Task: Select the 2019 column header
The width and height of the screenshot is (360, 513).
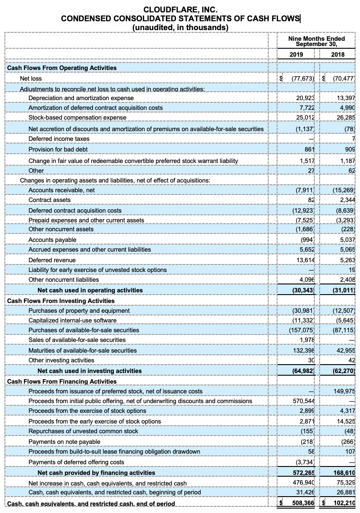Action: (x=296, y=54)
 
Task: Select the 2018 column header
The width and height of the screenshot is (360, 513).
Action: (x=338, y=54)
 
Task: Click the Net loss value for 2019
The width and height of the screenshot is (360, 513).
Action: (x=303, y=78)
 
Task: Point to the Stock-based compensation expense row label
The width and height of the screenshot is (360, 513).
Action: (x=77, y=117)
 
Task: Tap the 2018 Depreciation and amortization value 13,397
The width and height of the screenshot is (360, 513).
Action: (x=346, y=98)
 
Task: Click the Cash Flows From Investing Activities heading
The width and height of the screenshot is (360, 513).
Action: (x=55, y=301)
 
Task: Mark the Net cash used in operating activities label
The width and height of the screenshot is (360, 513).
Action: (x=90, y=290)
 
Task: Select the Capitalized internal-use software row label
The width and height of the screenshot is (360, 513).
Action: (x=72, y=320)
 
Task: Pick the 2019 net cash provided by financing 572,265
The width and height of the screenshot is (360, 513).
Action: (x=303, y=473)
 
